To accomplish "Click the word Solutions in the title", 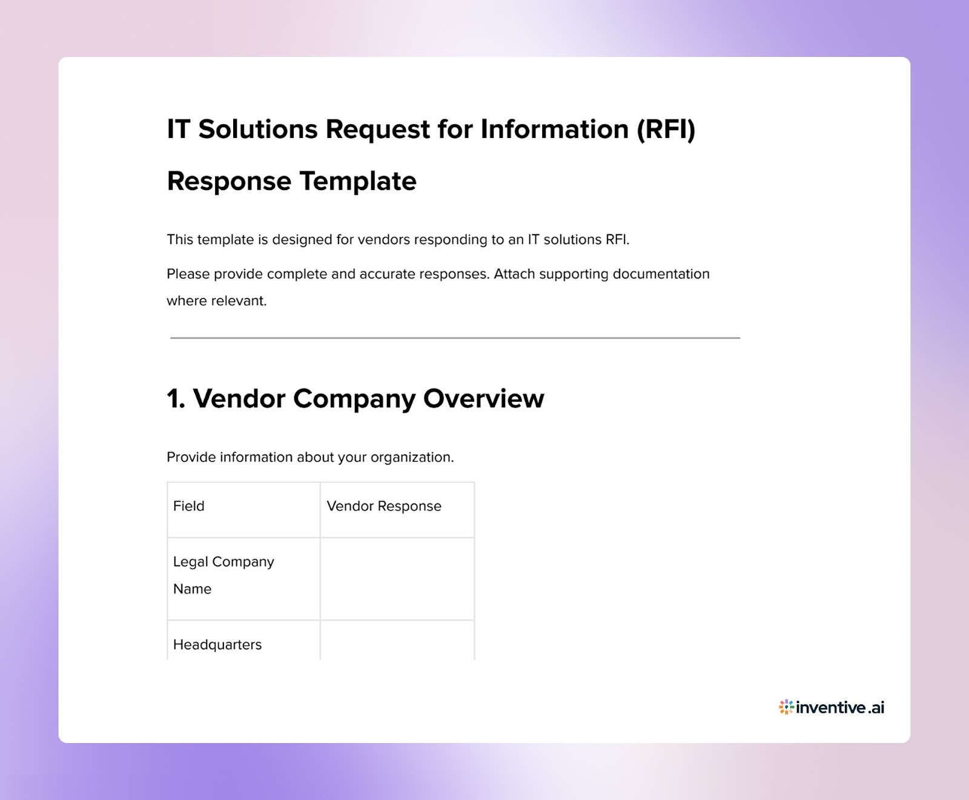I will click(x=257, y=130).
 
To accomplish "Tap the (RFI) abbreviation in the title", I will click(x=666, y=130).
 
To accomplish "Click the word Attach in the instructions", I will click(x=514, y=274).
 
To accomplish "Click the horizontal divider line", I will click(x=455, y=338).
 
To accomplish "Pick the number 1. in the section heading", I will click(x=176, y=399).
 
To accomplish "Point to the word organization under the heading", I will click(x=411, y=457).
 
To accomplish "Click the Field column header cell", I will click(x=243, y=510).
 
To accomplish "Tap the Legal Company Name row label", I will click(x=223, y=575).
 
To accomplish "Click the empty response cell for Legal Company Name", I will click(x=397, y=579).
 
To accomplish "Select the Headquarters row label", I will click(x=217, y=644).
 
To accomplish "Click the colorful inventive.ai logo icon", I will click(x=786, y=707).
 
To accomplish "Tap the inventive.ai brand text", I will click(x=840, y=707).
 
